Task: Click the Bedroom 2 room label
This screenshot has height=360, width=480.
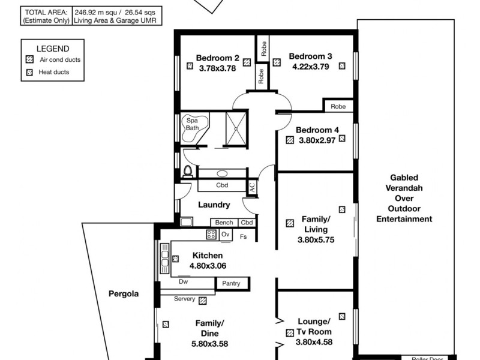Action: (217, 58)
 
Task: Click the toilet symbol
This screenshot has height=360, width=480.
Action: (188, 172)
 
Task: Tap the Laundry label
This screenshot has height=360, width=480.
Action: (215, 205)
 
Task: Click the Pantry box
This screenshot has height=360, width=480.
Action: (231, 284)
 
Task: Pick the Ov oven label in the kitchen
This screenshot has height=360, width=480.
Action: (226, 235)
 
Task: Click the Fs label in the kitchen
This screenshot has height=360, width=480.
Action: (243, 236)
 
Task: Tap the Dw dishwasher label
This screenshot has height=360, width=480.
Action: (183, 281)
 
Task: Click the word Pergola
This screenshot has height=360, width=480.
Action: (124, 294)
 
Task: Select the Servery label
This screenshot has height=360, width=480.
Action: (184, 299)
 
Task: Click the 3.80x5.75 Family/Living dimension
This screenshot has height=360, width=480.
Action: (316, 239)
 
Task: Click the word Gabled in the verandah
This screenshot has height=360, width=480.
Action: (404, 178)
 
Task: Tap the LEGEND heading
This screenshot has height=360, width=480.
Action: (53, 49)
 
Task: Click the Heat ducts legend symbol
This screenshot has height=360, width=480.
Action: (29, 73)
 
